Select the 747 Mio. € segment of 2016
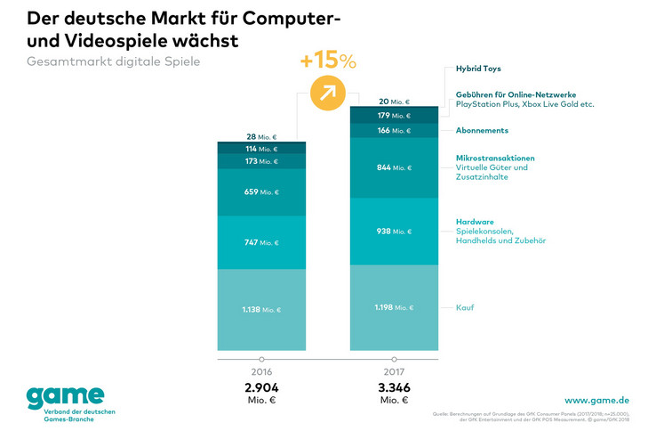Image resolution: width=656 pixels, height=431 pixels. pyautogui.click(x=262, y=242)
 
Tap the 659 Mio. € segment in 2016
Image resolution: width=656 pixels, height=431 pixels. pyautogui.click(x=262, y=191)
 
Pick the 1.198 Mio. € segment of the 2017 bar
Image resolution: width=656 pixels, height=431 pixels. pyautogui.click(x=394, y=307)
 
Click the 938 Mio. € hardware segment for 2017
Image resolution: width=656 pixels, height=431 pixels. pyautogui.click(x=394, y=231)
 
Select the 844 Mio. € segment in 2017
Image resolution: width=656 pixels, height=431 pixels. pyautogui.click(x=394, y=167)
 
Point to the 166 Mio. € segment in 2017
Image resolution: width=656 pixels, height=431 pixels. pyautogui.click(x=394, y=130)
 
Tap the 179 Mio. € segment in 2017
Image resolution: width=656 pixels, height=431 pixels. pyautogui.click(x=394, y=115)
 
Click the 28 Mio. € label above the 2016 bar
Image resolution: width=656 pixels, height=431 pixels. pyautogui.click(x=262, y=137)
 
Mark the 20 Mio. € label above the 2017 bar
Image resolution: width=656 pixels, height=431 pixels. pyautogui.click(x=394, y=102)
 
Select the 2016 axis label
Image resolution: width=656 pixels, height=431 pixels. pyautogui.click(x=262, y=372)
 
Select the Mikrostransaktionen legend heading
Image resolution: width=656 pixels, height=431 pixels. pyautogui.click(x=495, y=158)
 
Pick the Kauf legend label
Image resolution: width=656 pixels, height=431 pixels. pyautogui.click(x=464, y=307)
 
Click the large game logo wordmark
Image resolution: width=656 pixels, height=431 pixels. pyautogui.click(x=65, y=395)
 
